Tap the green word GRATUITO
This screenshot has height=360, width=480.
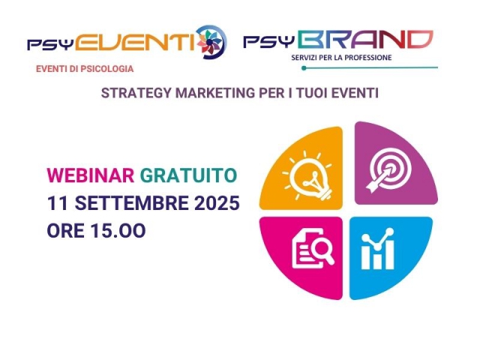(x=187, y=175)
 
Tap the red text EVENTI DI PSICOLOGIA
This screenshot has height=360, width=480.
(x=84, y=69)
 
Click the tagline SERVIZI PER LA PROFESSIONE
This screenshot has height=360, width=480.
(x=343, y=57)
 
